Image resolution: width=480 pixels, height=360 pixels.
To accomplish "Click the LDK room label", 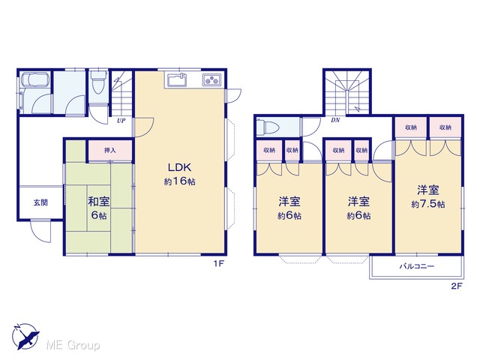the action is tap(179, 167).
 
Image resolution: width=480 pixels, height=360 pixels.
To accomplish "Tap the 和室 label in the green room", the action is tap(98, 202).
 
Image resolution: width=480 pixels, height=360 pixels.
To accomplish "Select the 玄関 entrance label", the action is tap(40, 202).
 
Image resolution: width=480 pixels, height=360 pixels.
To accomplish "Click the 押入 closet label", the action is tap(110, 150).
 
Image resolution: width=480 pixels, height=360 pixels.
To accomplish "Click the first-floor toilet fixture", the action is tap(98, 81).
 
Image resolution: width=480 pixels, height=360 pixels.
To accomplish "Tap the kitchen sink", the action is tap(177, 80).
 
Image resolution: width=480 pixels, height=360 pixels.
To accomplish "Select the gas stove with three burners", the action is tap(211, 80).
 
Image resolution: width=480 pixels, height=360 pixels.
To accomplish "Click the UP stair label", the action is tap(121, 121).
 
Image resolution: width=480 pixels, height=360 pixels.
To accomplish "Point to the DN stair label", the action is tap(335, 120).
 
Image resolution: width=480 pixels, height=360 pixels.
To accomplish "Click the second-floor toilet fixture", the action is tap(268, 127).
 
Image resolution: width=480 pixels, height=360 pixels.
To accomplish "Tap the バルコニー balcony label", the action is tap(417, 266).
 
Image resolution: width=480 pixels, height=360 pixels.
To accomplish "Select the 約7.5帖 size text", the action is tap(428, 204).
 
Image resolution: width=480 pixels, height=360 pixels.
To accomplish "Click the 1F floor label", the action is tap(219, 263).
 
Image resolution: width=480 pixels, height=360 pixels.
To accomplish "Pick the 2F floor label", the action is tap(456, 286).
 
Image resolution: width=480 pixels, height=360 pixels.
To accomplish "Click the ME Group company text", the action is tap(73, 346).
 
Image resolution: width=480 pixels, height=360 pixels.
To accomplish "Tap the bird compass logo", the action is tap(25, 336).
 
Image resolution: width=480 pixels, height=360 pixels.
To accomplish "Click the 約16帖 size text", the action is tap(179, 181).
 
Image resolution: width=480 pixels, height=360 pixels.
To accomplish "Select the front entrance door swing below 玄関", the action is tap(40, 231).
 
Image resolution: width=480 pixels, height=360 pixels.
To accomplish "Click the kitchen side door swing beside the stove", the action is tap(233, 95).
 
